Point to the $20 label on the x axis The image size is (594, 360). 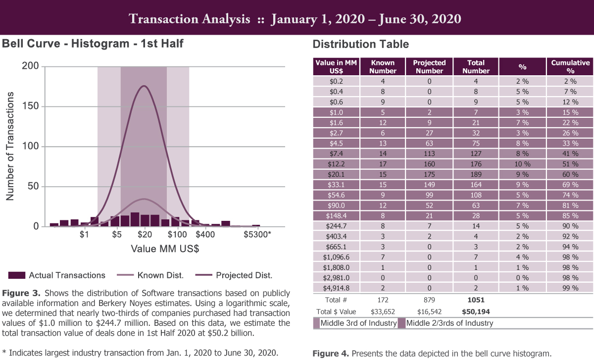click(x=145, y=234)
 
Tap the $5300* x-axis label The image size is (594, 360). click(x=257, y=234)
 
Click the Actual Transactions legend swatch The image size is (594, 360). click(x=16, y=275)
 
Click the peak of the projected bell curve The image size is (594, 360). click(x=144, y=86)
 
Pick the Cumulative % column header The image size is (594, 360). click(x=570, y=66)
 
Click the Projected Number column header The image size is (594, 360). click(x=429, y=66)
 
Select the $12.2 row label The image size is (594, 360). click(x=336, y=163)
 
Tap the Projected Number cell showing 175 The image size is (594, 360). click(x=429, y=174)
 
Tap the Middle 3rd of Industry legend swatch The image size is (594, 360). click(x=316, y=323)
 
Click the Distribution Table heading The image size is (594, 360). click(x=360, y=44)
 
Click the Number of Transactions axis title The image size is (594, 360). click(x=10, y=146)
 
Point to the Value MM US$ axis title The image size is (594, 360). click(x=165, y=249)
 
